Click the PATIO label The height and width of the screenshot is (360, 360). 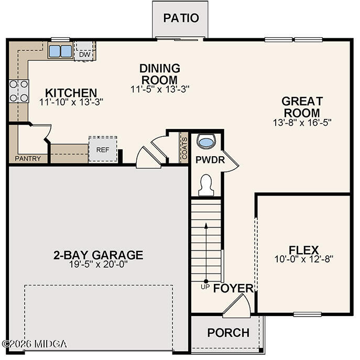tap(181, 18)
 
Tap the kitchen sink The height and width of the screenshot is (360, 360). tap(60, 51)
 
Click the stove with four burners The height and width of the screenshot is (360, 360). tap(19, 91)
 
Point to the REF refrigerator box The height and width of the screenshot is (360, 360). tap(102, 149)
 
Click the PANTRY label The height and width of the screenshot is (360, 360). tap(28, 158)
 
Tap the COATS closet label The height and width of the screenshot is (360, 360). tap(184, 148)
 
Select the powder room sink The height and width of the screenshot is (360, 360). tap(207, 141)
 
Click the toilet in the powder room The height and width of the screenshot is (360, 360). tap(206, 185)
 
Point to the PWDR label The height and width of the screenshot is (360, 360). tap(210, 160)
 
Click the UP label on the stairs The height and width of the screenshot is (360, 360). tap(205, 287)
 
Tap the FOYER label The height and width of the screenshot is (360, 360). tap(233, 289)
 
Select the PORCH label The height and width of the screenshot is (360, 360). tap(228, 333)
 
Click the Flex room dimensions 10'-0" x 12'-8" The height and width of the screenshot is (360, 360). tap(303, 259)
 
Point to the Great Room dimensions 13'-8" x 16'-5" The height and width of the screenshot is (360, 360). tap(302, 122)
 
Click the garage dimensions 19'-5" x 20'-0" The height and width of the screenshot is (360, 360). tap(98, 264)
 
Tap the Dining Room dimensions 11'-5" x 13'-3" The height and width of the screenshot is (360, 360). tap(159, 89)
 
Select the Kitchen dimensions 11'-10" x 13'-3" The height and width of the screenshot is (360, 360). tap(71, 102)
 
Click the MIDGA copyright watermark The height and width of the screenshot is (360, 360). tap(35, 344)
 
